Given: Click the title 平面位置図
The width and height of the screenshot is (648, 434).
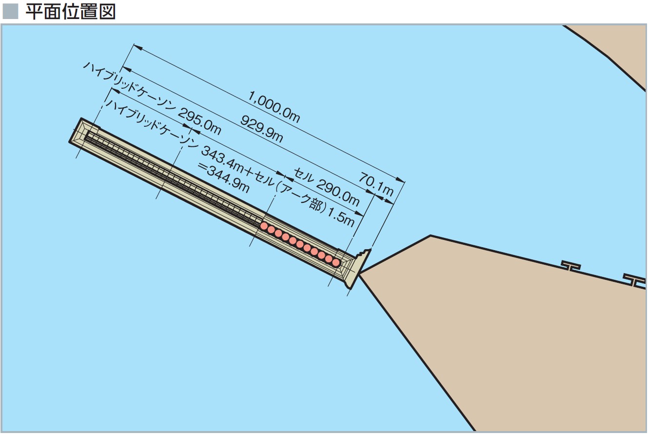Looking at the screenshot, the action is pos(71,12).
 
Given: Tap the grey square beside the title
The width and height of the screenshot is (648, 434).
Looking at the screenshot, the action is pos(10,12).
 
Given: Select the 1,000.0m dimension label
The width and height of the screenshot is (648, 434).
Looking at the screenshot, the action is pos(274,107).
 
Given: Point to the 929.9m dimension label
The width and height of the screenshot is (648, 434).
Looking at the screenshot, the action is pos(262,128).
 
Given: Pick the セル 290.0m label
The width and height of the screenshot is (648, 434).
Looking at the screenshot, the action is pos(327,187).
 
